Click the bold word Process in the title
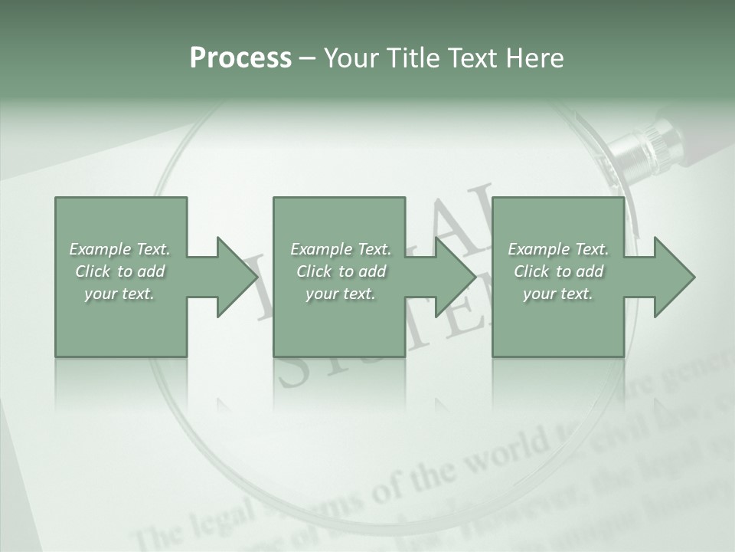pos(240,58)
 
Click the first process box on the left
pos(121,330)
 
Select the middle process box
pos(339,330)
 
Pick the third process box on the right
pos(557,330)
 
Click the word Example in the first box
pos(100,249)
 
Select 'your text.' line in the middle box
pos(340,294)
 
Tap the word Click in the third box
pos(531,271)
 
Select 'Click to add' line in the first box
pos(120,271)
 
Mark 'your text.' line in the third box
pos(557,294)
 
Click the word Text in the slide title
pos(473,58)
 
